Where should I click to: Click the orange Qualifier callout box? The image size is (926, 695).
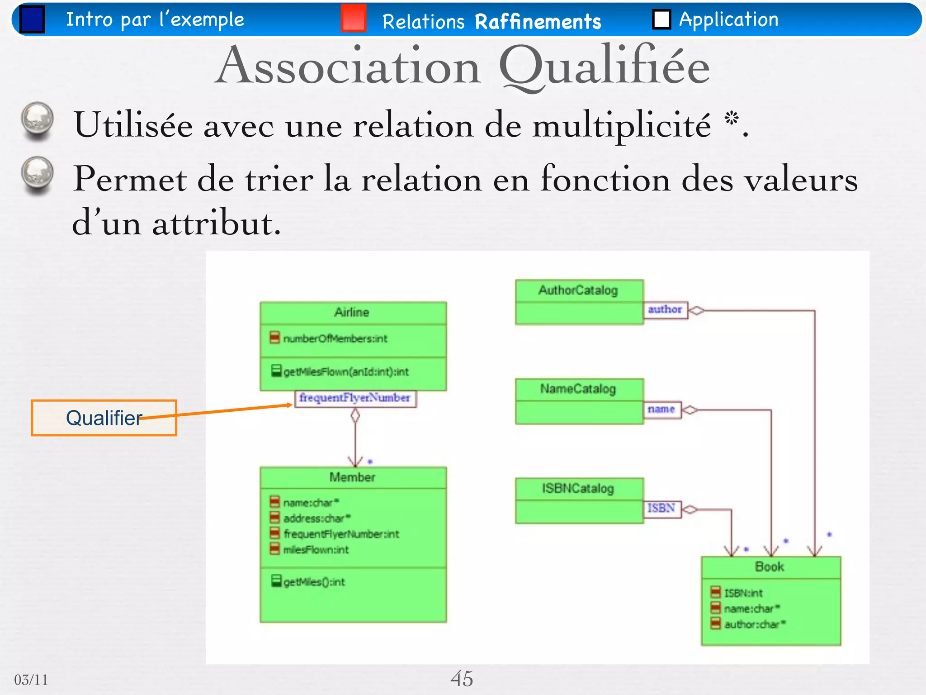point(104,418)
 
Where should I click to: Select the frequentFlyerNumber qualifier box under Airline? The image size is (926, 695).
point(355,398)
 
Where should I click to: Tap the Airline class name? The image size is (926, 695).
point(352,312)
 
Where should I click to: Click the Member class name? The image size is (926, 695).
point(352,477)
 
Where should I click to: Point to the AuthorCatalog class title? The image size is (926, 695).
point(578,290)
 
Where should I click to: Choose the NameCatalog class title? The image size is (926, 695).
point(578,389)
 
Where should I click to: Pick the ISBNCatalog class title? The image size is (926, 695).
point(578,489)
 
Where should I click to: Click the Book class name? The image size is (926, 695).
point(770,567)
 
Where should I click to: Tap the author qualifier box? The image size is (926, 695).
point(665,310)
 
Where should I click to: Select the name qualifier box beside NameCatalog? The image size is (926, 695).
point(661,409)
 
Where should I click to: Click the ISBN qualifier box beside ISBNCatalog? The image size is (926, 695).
point(661,509)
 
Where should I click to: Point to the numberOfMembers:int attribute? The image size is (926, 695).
point(335,338)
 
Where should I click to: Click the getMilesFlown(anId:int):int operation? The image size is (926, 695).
point(346,372)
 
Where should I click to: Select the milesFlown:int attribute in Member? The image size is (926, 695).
point(316,550)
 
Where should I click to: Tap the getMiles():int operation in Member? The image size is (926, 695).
point(314,582)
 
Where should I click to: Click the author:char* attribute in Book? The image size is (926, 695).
point(755,624)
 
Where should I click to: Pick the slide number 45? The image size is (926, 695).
point(462,679)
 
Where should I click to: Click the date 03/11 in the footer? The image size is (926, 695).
point(31,680)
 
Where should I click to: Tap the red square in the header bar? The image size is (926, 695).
point(353,18)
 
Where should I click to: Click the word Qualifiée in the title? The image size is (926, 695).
point(604,67)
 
